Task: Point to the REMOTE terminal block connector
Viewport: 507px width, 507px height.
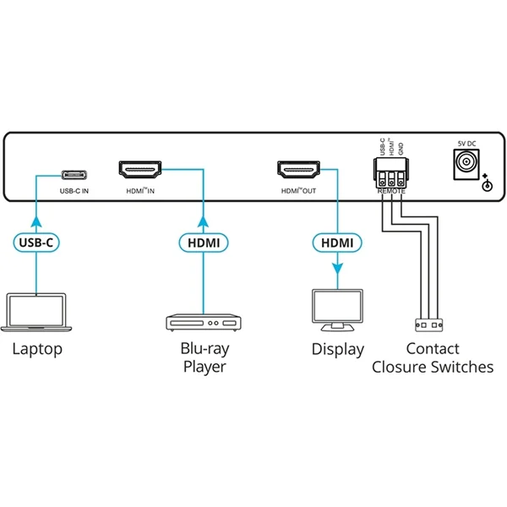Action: click(392, 177)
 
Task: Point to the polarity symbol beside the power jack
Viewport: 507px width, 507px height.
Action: click(486, 183)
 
